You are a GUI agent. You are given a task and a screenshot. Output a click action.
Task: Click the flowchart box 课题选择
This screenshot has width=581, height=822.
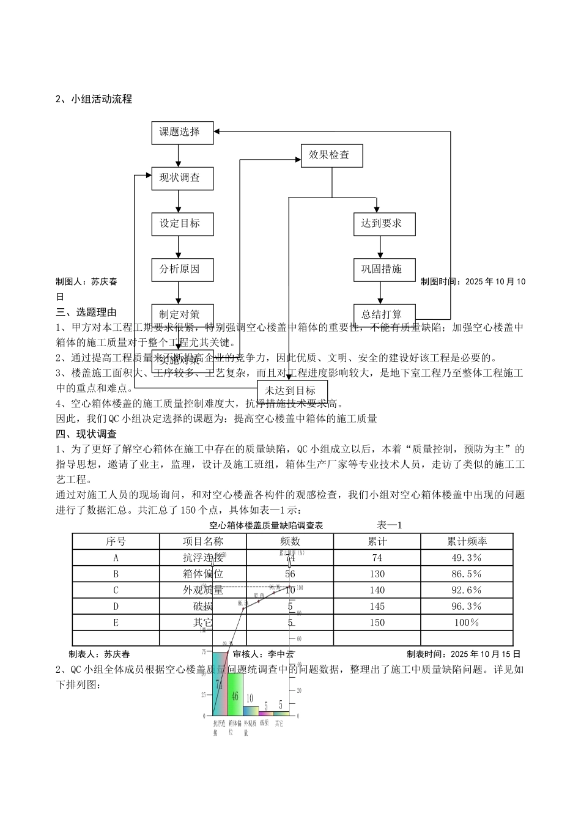182,132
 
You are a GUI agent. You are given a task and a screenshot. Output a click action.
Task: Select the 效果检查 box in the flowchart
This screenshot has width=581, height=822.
331,155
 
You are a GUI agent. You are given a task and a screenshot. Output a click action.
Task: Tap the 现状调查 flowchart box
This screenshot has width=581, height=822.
182,178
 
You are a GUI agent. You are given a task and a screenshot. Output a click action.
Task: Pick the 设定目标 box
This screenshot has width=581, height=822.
182,224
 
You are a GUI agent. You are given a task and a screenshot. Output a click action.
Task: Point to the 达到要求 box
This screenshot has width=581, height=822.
384,224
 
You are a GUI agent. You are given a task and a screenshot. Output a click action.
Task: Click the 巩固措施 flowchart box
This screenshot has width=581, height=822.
384,269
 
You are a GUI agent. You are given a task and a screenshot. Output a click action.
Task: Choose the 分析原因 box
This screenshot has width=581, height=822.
182,269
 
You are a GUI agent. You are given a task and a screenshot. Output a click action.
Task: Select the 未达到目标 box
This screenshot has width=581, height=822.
292,391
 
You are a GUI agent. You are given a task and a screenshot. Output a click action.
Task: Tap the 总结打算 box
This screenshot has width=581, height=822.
384,314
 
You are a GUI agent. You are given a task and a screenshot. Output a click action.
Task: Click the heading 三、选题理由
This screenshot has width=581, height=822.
86,313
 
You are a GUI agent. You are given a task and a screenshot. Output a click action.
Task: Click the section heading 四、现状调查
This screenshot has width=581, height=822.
86,434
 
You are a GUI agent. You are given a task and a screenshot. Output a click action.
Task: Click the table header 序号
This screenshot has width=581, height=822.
116,541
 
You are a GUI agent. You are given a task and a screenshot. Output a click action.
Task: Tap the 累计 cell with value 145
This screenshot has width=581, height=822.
377,606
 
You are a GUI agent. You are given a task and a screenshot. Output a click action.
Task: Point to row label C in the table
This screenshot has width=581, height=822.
116,590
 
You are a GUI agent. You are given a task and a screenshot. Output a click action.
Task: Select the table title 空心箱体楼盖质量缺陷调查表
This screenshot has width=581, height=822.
266,525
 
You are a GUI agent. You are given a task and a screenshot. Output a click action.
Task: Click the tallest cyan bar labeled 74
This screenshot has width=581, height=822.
220,685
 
